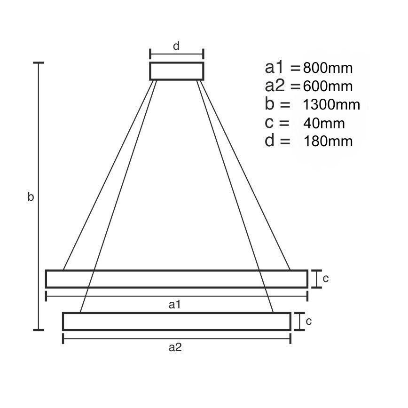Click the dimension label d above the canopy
[176, 46]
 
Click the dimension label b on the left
[31, 197]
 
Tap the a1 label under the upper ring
[175, 305]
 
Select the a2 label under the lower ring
[175, 347]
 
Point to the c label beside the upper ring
[325, 278]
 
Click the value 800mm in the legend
[328, 68]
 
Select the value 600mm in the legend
[328, 86]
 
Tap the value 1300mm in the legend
[332, 105]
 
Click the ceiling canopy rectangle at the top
[177, 71]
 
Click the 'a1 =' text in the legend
[282, 68]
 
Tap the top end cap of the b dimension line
[38, 63]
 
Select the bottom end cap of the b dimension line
[38, 330]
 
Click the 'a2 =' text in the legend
[282, 86]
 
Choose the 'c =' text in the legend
[277, 123]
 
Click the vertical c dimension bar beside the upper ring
[318, 279]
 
